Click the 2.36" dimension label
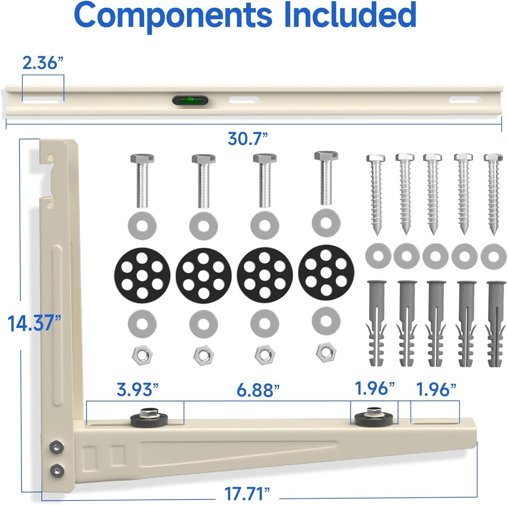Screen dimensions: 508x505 click(43, 63)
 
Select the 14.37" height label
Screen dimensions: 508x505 click(35, 323)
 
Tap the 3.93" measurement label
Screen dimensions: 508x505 click(138, 390)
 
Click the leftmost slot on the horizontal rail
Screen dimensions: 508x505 click(43, 100)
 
